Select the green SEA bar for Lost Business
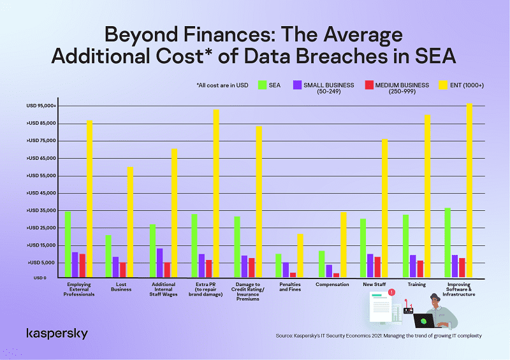tap(109, 257)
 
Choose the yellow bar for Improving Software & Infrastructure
tap(470, 191)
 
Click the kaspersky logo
tap(57, 334)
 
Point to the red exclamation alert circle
tap(391, 292)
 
